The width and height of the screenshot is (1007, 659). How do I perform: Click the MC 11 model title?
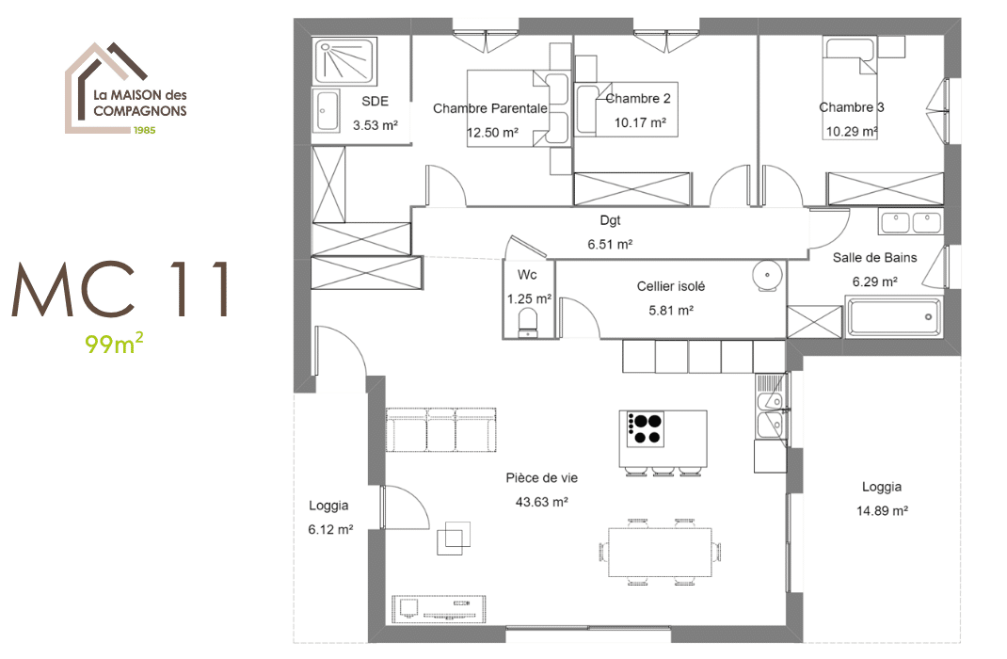coord(122,291)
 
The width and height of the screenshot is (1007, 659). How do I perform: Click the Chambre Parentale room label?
coord(489,108)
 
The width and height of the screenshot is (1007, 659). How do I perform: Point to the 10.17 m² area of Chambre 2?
coord(640,122)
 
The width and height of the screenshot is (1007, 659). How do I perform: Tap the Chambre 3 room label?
coord(851,107)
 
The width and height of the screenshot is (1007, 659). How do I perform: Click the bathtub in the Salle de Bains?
coord(894,317)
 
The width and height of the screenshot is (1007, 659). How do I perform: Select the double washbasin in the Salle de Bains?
coord(910,222)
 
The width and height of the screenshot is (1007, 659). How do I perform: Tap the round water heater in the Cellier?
coord(767,274)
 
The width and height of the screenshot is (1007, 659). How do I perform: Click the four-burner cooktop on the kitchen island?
coord(645,428)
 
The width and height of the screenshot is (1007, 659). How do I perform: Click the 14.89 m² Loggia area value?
coord(882,511)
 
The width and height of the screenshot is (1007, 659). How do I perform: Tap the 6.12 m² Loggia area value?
coord(329,530)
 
